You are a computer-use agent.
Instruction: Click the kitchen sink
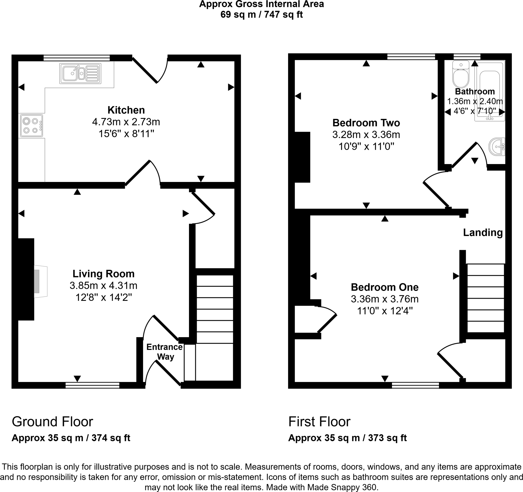point(80,73)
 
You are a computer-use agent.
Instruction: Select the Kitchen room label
point(126,110)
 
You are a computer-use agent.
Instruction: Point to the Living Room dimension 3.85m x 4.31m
point(103,285)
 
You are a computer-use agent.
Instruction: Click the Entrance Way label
point(164,352)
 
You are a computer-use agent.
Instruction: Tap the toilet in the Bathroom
point(461,74)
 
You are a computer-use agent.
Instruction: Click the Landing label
point(483,232)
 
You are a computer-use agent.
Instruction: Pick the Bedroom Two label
point(366,123)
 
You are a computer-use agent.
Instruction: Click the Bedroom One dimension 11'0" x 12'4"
point(385,311)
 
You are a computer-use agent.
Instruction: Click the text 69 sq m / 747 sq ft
point(261,14)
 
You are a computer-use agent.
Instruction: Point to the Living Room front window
point(92,385)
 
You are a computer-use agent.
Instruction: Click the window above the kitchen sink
point(77,58)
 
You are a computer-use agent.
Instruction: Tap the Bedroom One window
point(415,385)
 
